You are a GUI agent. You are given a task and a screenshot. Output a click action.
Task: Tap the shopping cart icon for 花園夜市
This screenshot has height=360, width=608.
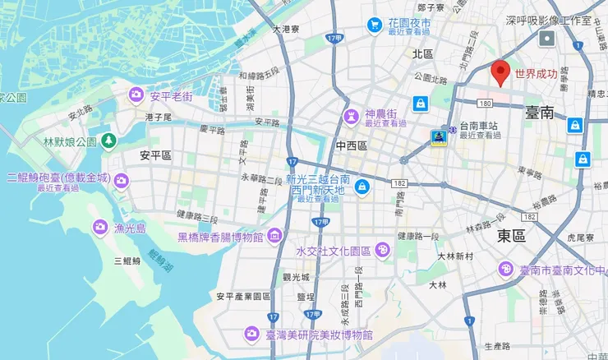coord(374,25)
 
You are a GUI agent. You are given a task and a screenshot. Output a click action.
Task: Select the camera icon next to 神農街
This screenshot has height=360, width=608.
coord(352,114)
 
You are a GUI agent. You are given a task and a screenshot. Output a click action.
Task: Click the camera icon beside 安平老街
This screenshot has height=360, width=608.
coord(135,97)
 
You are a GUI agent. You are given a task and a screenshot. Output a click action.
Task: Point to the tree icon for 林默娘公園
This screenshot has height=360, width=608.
coord(109,141)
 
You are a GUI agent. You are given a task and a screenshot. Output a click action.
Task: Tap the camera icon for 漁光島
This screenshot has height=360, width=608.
coord(100,226)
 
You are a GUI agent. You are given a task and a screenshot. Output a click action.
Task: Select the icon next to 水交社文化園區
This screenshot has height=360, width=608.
coord(382,250)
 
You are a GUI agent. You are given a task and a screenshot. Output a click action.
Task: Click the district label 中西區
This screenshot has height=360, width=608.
coord(351,145)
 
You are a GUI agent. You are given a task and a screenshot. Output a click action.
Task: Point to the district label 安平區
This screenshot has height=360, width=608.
coord(155,155)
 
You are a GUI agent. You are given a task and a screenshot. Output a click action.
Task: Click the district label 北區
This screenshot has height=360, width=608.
coord(422,53)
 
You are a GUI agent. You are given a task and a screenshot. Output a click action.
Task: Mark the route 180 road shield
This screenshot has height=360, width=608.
coord(484,103)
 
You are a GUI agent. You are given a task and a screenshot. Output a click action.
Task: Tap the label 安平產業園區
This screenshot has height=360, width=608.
coord(243,296)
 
